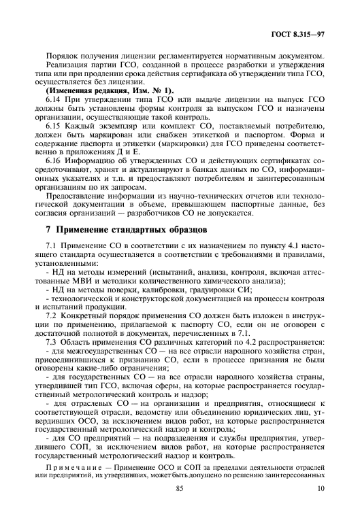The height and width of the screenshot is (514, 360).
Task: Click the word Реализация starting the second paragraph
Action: (x=65, y=64)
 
